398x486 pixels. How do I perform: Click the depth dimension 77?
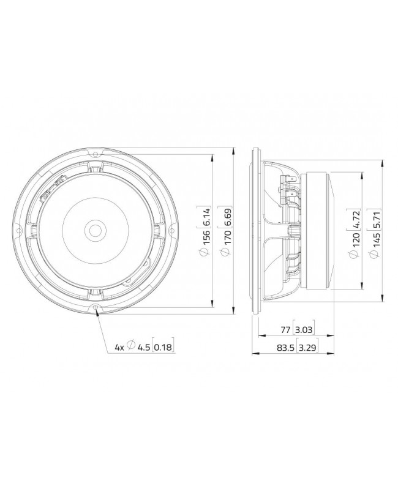[285, 330]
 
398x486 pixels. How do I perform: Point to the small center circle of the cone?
[96, 230]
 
